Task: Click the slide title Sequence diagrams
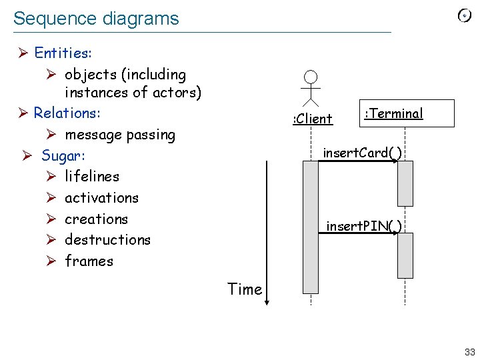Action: click(x=96, y=19)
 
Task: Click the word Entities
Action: click(x=63, y=52)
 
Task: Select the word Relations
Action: click(x=67, y=113)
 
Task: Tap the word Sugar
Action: click(x=69, y=155)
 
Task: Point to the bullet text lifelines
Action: click(x=92, y=177)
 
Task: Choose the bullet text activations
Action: click(x=101, y=198)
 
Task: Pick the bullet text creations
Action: click(x=96, y=219)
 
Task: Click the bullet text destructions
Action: click(x=107, y=240)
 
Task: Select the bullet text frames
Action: click(x=89, y=261)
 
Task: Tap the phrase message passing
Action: click(x=120, y=135)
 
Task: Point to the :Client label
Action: click(x=313, y=119)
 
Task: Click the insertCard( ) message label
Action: click(x=362, y=153)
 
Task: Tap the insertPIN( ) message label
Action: click(x=364, y=226)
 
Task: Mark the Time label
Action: click(x=245, y=289)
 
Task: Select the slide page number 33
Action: click(x=470, y=352)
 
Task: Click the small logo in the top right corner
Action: click(x=465, y=17)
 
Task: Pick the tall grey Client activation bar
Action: click(x=311, y=227)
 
